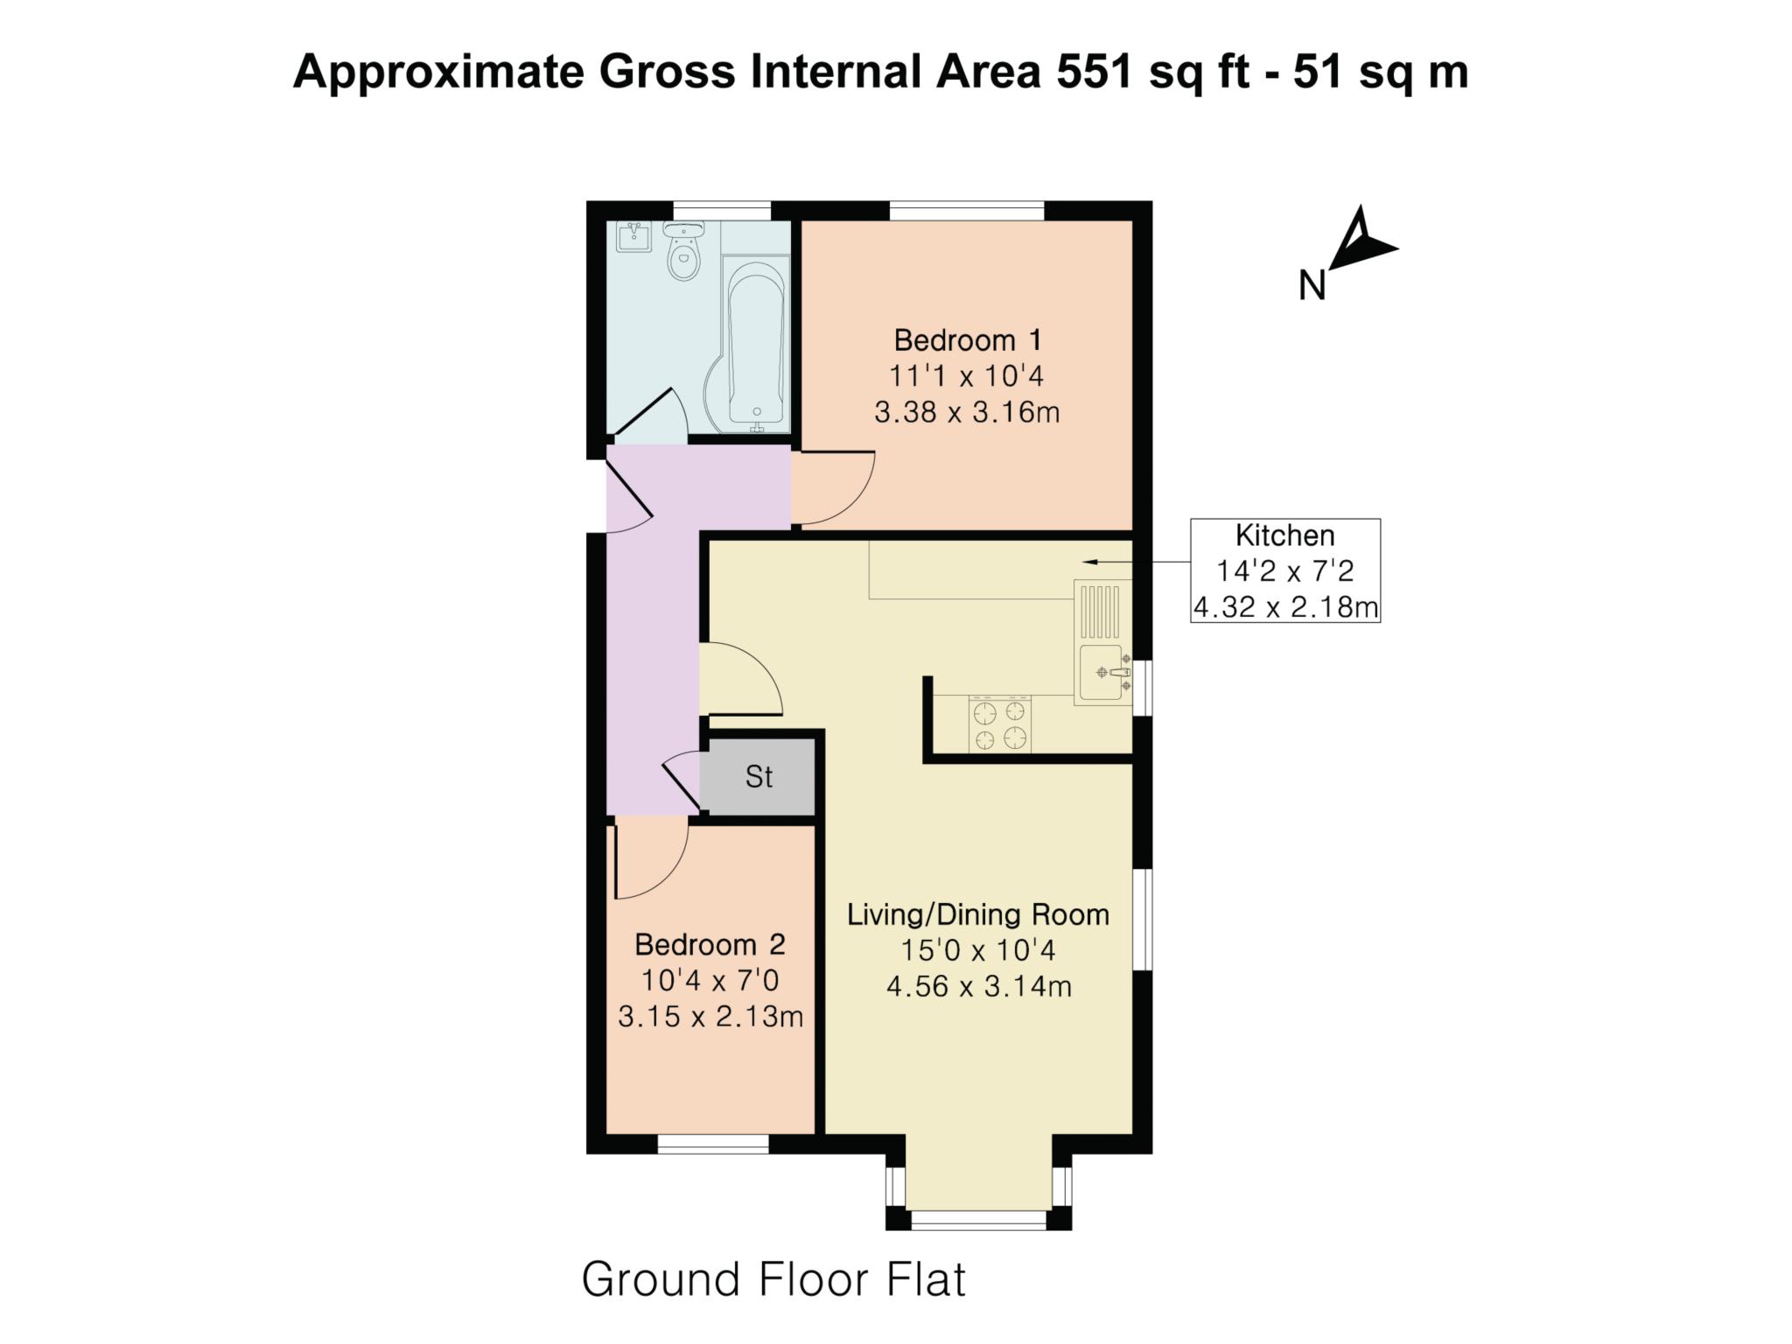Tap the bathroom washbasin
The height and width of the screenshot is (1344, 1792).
(x=633, y=237)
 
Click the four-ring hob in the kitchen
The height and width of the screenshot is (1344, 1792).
(x=999, y=724)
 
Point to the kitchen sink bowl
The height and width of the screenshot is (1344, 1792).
(x=1101, y=672)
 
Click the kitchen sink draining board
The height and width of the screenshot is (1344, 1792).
(x=1100, y=611)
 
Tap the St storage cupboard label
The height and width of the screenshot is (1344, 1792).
(x=759, y=777)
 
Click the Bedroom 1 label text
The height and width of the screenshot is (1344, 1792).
(x=967, y=339)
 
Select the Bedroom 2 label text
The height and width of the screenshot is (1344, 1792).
(x=710, y=945)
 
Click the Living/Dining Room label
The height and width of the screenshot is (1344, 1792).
(x=977, y=915)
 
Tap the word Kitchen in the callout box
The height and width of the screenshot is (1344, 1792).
(x=1284, y=535)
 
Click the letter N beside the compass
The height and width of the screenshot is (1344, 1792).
(x=1311, y=285)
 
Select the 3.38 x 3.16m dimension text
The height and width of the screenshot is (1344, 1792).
(x=967, y=412)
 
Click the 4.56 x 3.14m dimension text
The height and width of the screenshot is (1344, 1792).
(x=978, y=987)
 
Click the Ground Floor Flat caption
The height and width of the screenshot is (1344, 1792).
(x=773, y=1280)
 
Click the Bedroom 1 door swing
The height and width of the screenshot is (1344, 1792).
(x=836, y=488)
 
